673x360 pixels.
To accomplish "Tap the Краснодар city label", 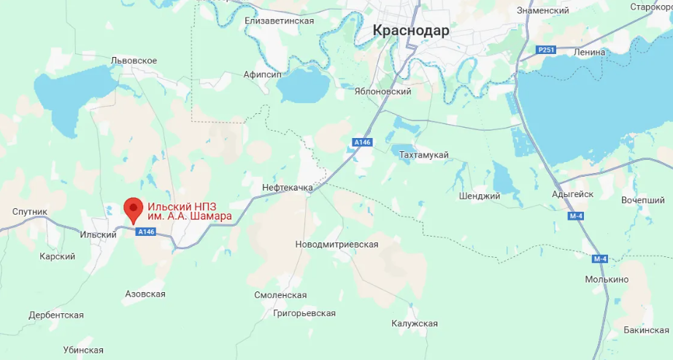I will pyautogui.click(x=411, y=31).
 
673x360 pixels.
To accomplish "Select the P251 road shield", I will pyautogui.click(x=546, y=50).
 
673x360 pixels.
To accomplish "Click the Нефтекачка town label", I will pyautogui.click(x=287, y=188).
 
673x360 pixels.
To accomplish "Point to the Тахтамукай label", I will pyautogui.click(x=424, y=155).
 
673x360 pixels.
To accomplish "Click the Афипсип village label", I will pyautogui.click(x=262, y=75).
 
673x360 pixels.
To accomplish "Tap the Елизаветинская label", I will pyautogui.click(x=280, y=20).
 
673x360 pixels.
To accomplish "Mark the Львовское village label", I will pyautogui.click(x=134, y=60).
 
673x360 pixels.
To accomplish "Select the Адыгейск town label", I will pyautogui.click(x=573, y=194).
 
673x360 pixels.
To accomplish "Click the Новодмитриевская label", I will pyautogui.click(x=336, y=244).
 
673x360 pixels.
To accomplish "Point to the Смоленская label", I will pyautogui.click(x=280, y=295).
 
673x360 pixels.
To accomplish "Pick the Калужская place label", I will pyautogui.click(x=414, y=323).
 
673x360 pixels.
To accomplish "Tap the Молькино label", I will pyautogui.click(x=607, y=280).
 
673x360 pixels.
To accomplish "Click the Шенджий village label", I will pyautogui.click(x=480, y=196).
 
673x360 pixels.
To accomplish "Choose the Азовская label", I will pyautogui.click(x=145, y=294).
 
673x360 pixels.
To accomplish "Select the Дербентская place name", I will pyautogui.click(x=56, y=315).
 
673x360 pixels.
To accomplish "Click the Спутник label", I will pyautogui.click(x=30, y=212).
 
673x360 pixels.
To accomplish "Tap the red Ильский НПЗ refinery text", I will pyautogui.click(x=190, y=211).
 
